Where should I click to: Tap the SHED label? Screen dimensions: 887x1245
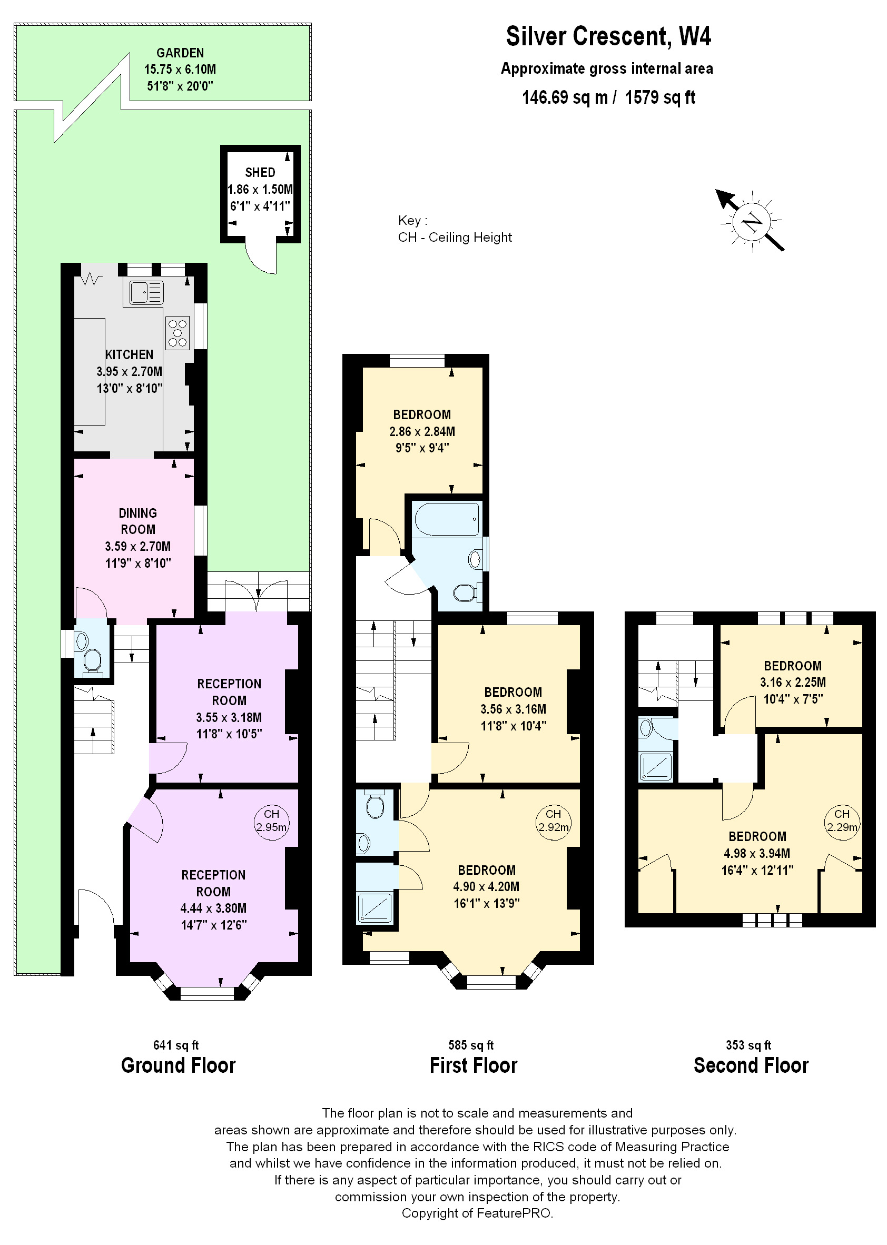(260, 173)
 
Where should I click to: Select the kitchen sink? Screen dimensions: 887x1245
(146, 292)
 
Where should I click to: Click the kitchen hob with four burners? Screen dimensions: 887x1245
(178, 333)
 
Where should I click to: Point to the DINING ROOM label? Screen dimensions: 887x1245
(137, 521)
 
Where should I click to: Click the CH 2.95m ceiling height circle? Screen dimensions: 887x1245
(271, 821)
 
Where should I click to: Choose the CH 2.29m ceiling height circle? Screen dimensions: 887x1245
(842, 821)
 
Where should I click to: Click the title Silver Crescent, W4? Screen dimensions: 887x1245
(608, 36)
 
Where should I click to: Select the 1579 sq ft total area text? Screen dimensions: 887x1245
(660, 98)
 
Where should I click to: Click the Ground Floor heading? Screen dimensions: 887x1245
(178, 1065)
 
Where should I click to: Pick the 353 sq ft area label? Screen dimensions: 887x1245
(748, 1045)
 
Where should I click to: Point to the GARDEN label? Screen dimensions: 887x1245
(180, 53)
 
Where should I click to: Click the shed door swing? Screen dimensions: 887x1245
(261, 255)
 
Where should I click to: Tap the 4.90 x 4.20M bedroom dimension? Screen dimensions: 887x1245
(486, 887)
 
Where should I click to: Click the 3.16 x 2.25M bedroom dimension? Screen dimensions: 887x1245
(793, 682)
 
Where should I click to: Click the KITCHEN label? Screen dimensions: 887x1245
(130, 354)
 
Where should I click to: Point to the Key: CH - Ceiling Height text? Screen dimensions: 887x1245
(455, 229)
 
